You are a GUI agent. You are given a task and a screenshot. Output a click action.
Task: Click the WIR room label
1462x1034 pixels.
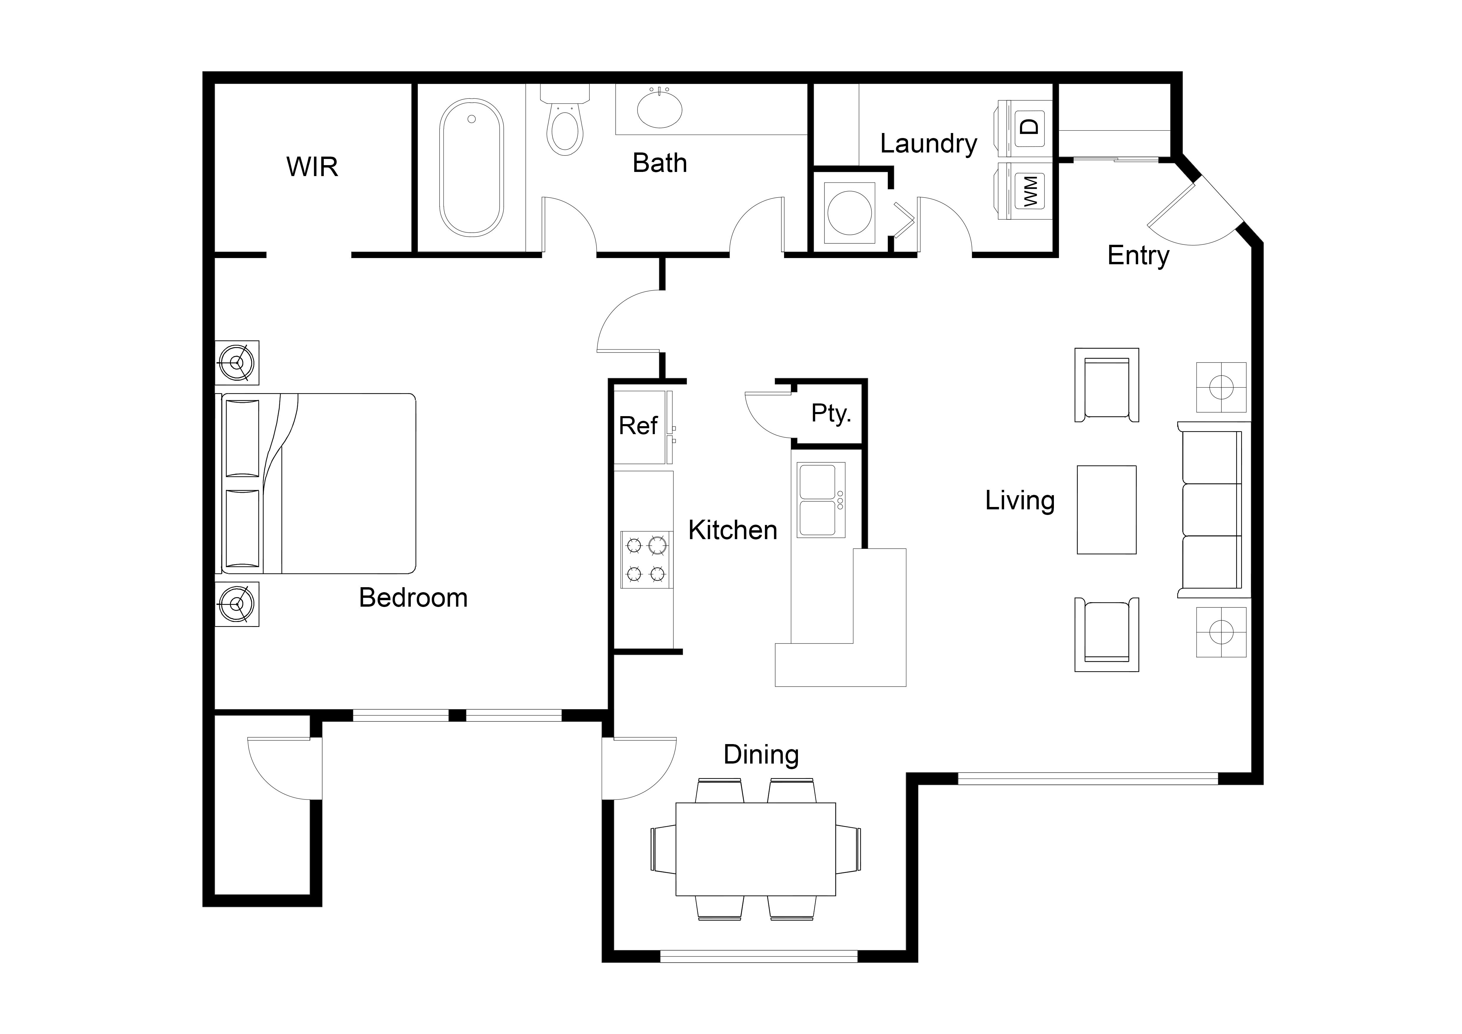coord(312,167)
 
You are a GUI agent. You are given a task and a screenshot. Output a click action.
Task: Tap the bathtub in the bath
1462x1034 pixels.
coord(471,168)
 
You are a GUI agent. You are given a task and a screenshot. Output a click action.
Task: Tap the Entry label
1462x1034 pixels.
coord(1139,256)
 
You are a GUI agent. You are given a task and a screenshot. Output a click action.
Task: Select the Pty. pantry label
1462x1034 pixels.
coord(831,414)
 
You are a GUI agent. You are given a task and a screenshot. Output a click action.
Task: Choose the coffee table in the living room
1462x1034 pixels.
coord(1107,510)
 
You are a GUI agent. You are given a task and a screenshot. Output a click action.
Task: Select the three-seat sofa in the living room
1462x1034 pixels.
coord(1213,510)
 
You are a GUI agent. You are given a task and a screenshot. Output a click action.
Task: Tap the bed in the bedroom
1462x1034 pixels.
coord(318,484)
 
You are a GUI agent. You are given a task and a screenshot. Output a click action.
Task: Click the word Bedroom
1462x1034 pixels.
coord(413,598)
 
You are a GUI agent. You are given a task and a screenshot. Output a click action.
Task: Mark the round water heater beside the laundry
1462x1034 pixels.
coord(850,213)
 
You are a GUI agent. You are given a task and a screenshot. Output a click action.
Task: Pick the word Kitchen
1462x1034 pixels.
coord(733,530)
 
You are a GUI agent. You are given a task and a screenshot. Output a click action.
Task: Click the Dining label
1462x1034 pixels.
coord(761,755)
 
